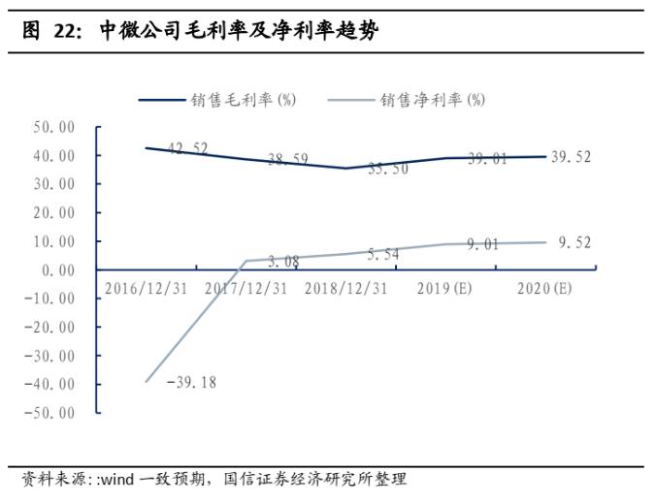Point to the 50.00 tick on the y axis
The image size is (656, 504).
pos(53,127)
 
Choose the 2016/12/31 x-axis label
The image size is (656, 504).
pos(147,288)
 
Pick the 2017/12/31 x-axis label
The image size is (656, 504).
pos(246,288)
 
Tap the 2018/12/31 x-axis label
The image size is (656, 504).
pos(346,288)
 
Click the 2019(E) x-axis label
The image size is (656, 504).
pos(446,288)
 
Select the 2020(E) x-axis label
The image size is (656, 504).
pos(545,288)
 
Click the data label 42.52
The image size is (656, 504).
pos(188,148)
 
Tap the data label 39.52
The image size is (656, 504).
pos(572,157)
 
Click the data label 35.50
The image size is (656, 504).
pos(388,168)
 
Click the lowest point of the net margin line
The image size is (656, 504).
pos(147,381)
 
